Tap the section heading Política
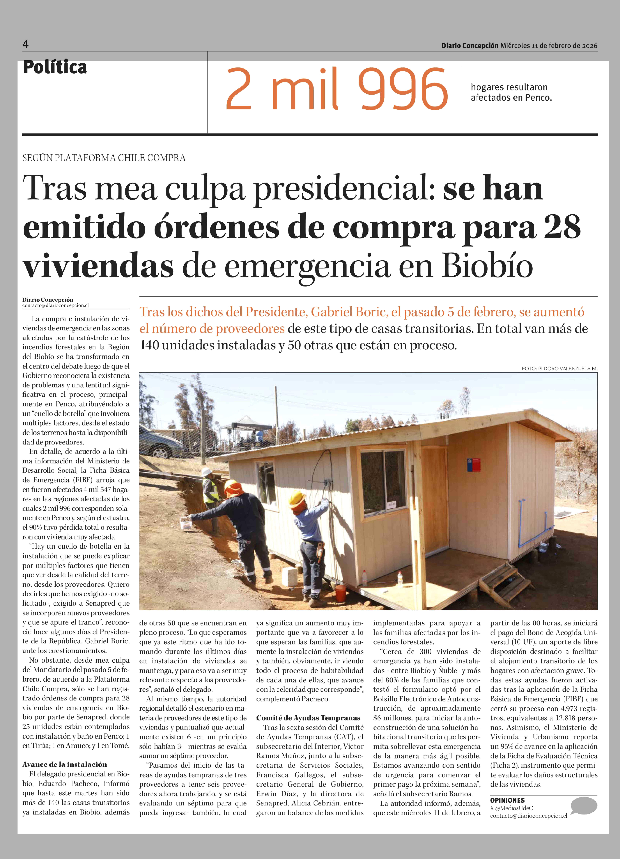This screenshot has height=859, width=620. (55, 67)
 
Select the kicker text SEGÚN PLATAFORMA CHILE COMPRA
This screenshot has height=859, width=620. (104, 158)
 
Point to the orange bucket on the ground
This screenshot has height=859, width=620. (341, 592)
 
